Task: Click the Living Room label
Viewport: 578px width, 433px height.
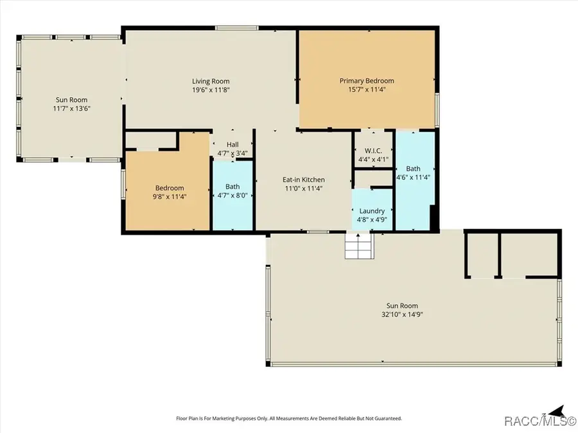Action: pyautogui.click(x=211, y=81)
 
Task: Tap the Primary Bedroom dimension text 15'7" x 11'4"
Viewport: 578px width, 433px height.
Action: pyautogui.click(x=367, y=89)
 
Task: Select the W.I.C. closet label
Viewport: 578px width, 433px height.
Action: pyautogui.click(x=373, y=151)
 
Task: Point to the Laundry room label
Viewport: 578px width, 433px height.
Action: pyautogui.click(x=372, y=211)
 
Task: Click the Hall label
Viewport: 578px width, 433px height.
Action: pyautogui.click(x=232, y=145)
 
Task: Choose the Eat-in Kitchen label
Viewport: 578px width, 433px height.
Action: pyautogui.click(x=303, y=180)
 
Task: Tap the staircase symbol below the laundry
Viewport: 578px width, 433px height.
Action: pyautogui.click(x=359, y=246)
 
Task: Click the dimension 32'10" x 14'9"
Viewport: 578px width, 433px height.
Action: pyautogui.click(x=402, y=314)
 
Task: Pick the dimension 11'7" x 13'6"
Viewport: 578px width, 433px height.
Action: pyautogui.click(x=71, y=108)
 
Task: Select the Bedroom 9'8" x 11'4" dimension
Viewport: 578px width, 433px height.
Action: pyautogui.click(x=169, y=197)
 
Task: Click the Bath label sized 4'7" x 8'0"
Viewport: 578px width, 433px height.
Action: pyautogui.click(x=232, y=187)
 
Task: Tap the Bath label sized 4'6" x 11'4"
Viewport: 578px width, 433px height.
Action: pyautogui.click(x=413, y=169)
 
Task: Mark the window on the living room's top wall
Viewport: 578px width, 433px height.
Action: pyautogui.click(x=236, y=28)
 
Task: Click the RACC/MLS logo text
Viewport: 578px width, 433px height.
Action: pyautogui.click(x=539, y=420)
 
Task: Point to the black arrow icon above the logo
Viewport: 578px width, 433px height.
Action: pyautogui.click(x=557, y=411)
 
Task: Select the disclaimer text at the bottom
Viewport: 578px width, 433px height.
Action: pyautogui.click(x=289, y=418)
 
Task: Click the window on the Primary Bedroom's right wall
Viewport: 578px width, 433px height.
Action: pyautogui.click(x=437, y=110)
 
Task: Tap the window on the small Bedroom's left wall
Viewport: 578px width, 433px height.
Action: pyautogui.click(x=123, y=184)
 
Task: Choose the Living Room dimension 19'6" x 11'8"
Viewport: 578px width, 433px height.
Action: pyautogui.click(x=211, y=90)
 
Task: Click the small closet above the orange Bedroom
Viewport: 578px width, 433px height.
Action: pyautogui.click(x=151, y=140)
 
